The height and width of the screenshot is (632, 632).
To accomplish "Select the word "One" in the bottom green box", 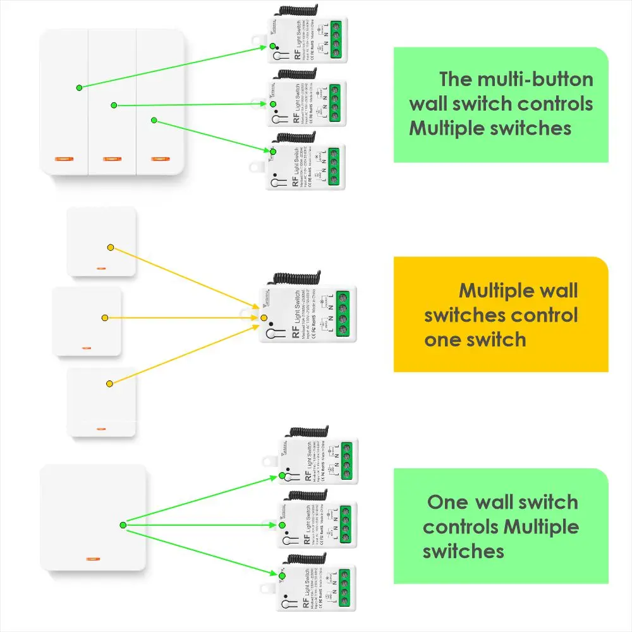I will [447, 503].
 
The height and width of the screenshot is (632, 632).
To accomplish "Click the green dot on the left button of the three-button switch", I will [78, 87].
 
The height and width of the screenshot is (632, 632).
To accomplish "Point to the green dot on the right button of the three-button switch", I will [153, 119].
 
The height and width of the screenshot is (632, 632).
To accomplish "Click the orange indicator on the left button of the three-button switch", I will [64, 157].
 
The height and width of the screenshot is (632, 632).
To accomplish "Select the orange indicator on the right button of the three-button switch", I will [162, 157].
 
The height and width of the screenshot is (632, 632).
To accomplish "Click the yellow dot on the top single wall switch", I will [111, 246].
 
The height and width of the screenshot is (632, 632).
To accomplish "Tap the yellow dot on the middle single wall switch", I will [105, 318].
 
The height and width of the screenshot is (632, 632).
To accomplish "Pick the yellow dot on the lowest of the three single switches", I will [110, 383].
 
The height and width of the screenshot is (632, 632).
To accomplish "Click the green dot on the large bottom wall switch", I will [123, 525].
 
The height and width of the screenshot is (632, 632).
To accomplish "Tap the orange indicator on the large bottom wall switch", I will [93, 559].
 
